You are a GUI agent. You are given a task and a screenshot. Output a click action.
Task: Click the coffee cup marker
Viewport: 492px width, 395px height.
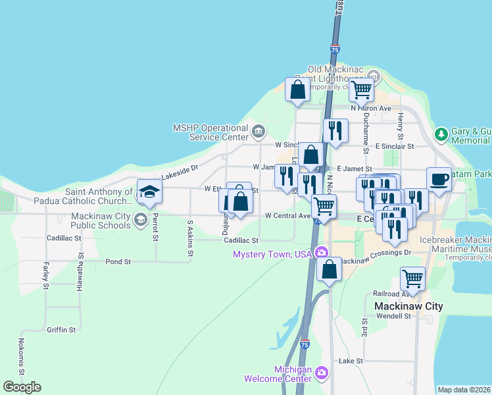click(x=439, y=178)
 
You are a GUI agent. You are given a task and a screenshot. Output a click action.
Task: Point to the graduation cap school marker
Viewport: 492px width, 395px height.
click(x=149, y=192)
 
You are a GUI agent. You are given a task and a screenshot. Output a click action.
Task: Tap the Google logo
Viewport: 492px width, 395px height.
click(x=22, y=387)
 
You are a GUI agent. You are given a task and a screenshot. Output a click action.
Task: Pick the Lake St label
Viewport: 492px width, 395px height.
click(x=350, y=361)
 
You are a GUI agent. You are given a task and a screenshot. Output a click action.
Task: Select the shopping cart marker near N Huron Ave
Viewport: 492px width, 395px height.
click(x=361, y=90)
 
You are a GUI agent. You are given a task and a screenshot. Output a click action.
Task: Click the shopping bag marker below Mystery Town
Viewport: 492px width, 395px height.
click(x=329, y=269)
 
